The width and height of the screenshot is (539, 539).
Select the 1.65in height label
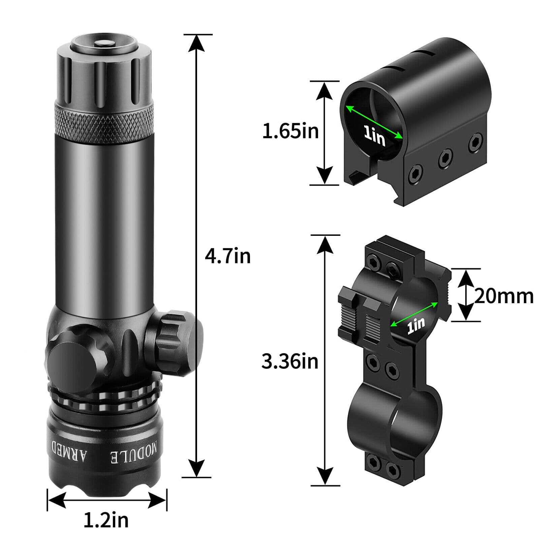click(290, 131)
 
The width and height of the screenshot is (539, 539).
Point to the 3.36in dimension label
click(290, 362)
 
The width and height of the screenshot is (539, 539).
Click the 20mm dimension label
click(504, 296)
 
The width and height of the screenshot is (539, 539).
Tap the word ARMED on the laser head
click(69, 450)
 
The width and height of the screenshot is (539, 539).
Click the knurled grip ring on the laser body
click(104, 124)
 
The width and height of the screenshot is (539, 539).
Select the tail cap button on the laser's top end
click(104, 42)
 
